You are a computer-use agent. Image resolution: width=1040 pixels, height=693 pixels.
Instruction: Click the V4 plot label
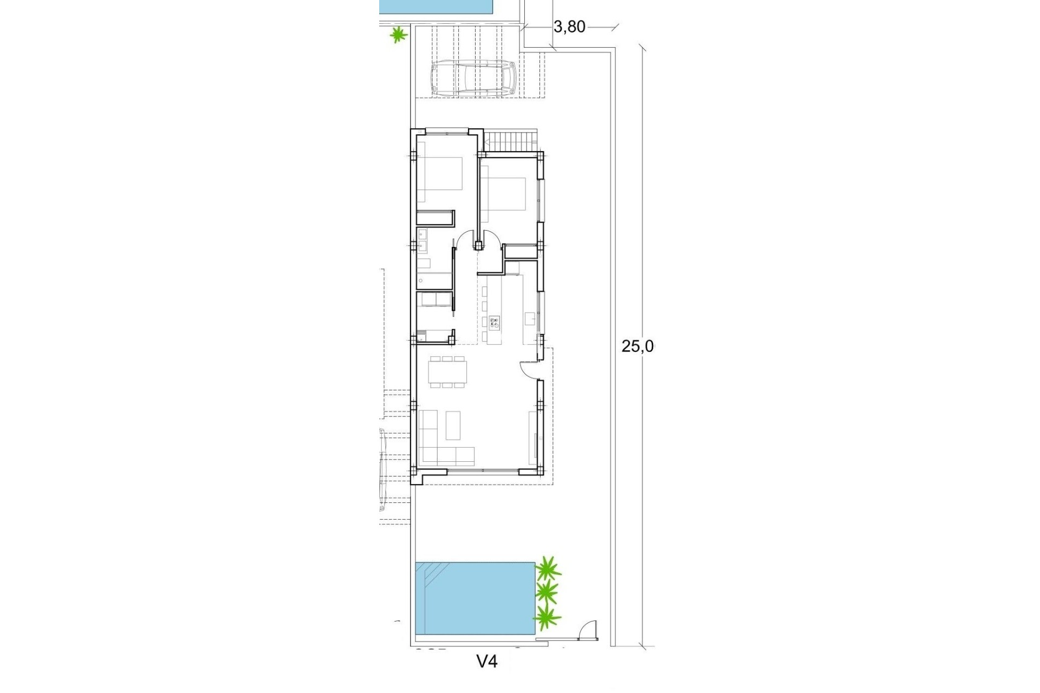[486, 661]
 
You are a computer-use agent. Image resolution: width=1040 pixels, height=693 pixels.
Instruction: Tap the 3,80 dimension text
[570, 27]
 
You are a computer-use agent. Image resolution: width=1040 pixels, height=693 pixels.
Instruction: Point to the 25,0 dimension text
[638, 346]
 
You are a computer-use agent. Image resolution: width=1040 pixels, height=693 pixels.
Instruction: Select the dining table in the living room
[447, 372]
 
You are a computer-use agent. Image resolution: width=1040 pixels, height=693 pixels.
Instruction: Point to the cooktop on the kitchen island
[494, 323]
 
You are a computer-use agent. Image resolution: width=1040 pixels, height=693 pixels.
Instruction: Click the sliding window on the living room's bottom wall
[483, 470]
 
